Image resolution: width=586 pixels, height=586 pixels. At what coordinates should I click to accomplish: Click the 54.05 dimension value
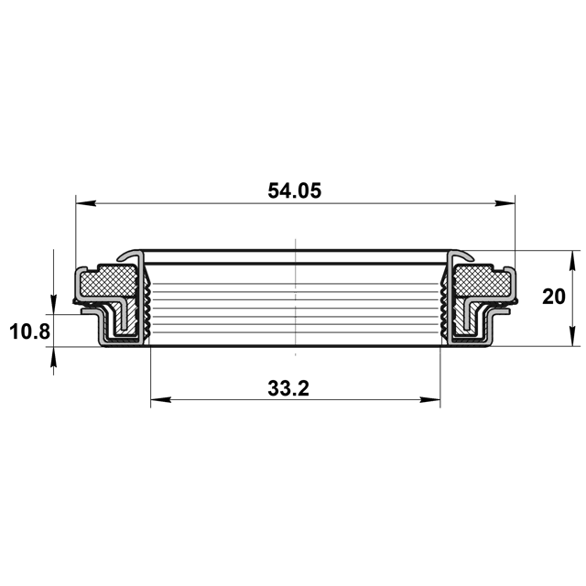tap(295, 191)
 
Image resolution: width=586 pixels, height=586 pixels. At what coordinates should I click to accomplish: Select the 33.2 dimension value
tap(288, 388)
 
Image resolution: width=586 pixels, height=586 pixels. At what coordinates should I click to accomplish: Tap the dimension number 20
tap(553, 297)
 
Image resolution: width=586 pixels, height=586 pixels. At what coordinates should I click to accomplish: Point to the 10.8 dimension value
tap(30, 331)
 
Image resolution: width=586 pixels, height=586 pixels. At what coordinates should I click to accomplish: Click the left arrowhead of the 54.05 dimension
tap(86, 203)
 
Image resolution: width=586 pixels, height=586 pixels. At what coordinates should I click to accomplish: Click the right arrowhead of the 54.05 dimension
tap(505, 203)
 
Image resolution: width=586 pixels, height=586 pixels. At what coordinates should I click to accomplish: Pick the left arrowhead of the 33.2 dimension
tap(161, 399)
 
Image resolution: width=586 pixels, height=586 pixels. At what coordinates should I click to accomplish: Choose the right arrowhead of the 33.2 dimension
tap(430, 399)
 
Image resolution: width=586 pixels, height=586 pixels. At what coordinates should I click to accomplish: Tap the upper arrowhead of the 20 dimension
tap(571, 261)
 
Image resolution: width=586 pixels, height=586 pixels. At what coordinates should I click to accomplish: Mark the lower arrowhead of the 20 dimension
tap(571, 336)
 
